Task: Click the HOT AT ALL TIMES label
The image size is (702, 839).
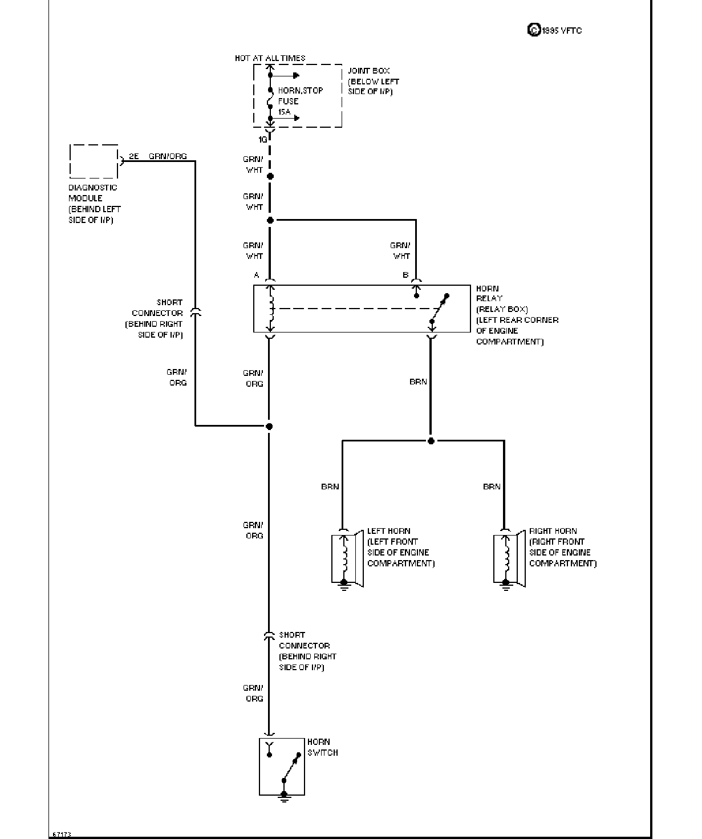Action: click(x=270, y=58)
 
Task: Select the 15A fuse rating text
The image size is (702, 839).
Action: click(x=285, y=112)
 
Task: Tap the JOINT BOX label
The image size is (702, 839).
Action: click(x=368, y=71)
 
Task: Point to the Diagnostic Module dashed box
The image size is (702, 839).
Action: click(x=94, y=161)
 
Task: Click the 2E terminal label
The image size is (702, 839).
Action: click(x=134, y=156)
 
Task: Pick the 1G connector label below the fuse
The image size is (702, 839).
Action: click(x=263, y=139)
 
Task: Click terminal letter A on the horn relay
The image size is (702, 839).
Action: click(x=257, y=275)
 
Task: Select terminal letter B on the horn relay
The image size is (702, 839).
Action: click(x=405, y=275)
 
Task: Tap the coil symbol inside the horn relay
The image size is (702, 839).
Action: click(x=271, y=309)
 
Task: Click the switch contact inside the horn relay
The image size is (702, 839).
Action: click(x=439, y=309)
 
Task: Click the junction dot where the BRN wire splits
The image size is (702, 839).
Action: click(x=431, y=441)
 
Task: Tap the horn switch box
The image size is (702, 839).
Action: click(x=282, y=767)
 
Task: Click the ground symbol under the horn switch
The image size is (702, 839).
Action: click(x=284, y=798)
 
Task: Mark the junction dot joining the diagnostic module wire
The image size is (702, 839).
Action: click(x=269, y=426)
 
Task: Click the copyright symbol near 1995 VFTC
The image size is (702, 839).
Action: click(x=534, y=30)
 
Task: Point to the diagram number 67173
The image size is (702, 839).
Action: click(x=62, y=834)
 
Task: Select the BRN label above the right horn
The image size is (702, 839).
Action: click(x=492, y=487)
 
